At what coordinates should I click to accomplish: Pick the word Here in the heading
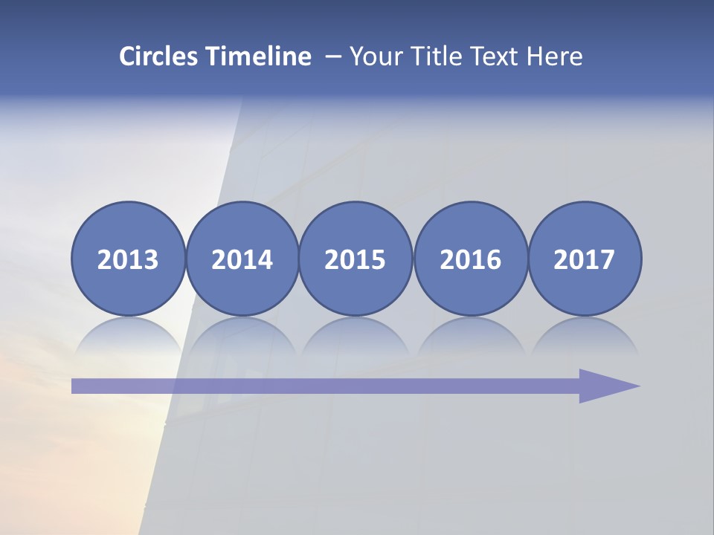tap(555, 56)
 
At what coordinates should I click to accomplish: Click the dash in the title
tap(333, 57)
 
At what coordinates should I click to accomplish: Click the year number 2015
tap(356, 260)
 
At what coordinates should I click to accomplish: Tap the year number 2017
tap(584, 260)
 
